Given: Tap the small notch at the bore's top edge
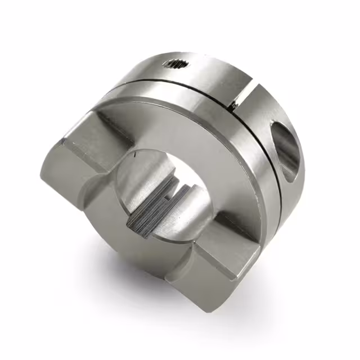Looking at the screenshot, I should click(x=136, y=153).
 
